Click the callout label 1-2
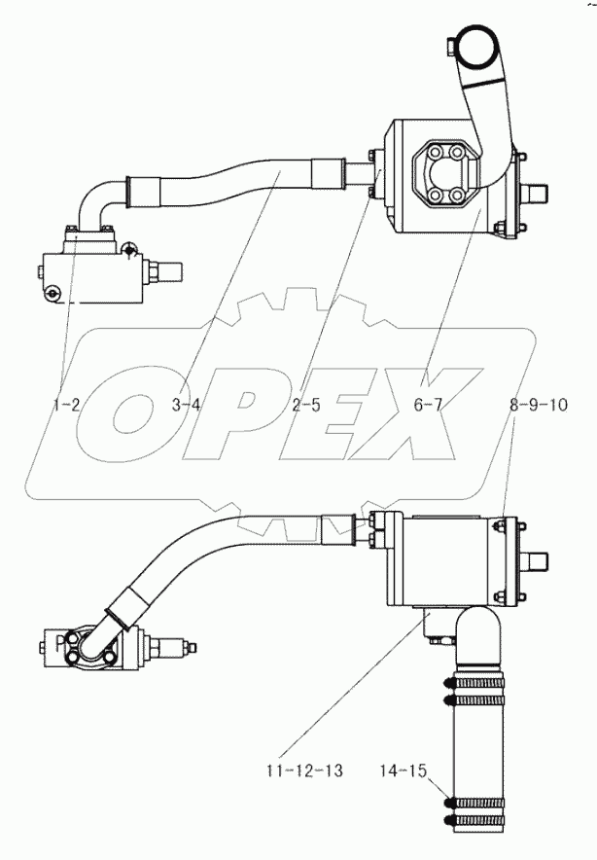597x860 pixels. (x=66, y=405)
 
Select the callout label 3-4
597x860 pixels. (x=186, y=405)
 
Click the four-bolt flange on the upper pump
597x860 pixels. (x=445, y=176)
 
